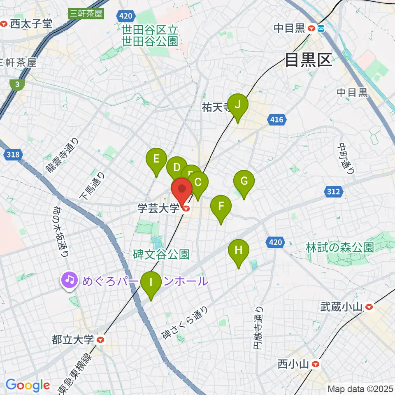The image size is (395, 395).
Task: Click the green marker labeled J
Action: (x=238, y=105)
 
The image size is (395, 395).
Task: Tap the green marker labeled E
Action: (x=156, y=159)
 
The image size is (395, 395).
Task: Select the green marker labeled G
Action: (x=244, y=181)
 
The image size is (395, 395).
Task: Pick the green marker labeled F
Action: (x=221, y=206)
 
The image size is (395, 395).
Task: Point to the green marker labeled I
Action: (x=151, y=283)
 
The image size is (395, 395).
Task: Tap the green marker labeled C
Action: (x=198, y=182)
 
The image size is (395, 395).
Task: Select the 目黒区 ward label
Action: (x=308, y=60)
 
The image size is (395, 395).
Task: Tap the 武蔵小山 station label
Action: (x=342, y=307)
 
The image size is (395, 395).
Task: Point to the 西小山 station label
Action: (x=293, y=364)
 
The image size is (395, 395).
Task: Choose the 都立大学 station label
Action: (x=73, y=340)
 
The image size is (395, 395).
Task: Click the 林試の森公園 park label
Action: (x=339, y=247)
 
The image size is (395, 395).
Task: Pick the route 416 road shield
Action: (x=277, y=120)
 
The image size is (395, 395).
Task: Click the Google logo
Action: (x=28, y=386)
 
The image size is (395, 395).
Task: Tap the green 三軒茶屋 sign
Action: (x=86, y=13)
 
